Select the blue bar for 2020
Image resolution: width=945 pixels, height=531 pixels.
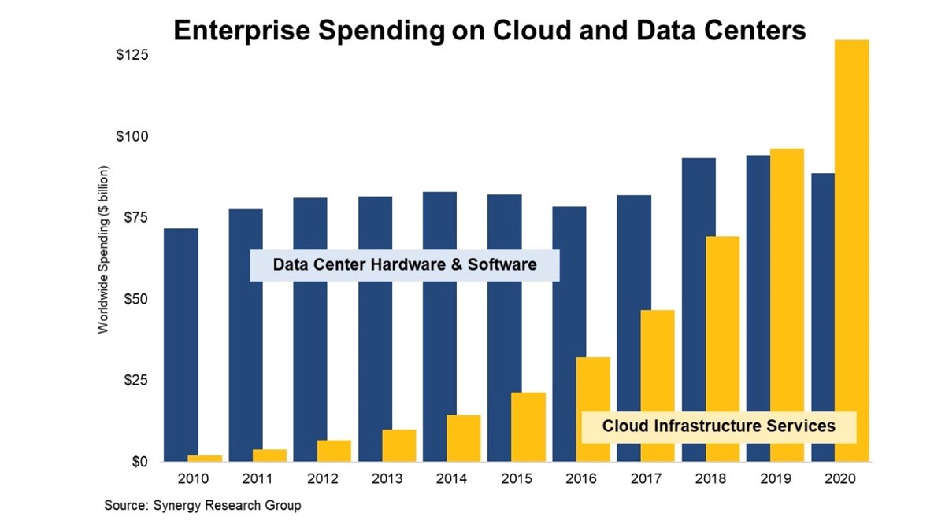click(823, 315)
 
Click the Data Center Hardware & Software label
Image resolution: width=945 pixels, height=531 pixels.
click(405, 265)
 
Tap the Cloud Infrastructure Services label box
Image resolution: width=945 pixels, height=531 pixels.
click(718, 426)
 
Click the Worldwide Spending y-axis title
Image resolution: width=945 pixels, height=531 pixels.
click(103, 250)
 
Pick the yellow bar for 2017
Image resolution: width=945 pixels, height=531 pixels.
click(658, 385)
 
